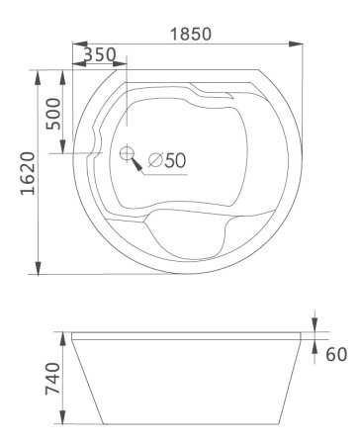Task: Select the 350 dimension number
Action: point(99,54)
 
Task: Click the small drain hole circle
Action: point(127,153)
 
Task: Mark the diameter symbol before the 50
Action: point(155,160)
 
